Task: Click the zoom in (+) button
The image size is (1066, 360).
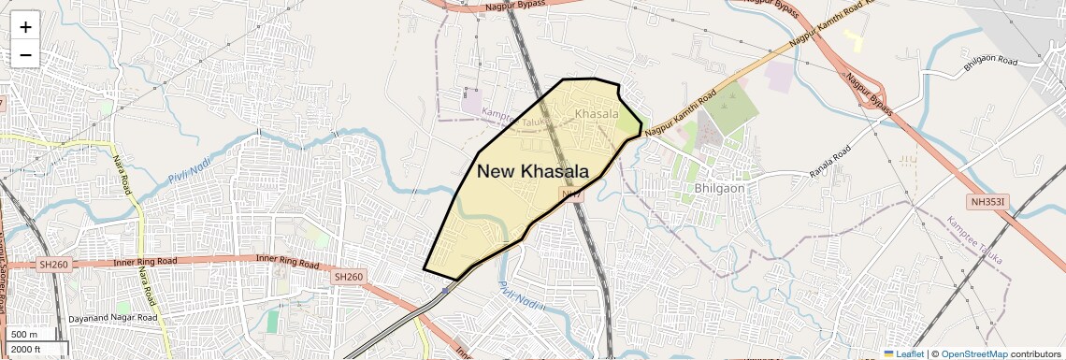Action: coord(25,26)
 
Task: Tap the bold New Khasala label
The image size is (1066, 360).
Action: coord(533,171)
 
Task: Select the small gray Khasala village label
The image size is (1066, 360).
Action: coord(597,113)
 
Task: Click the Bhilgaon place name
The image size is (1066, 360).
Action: coord(720,188)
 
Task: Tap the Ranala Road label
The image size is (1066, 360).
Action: coord(830,156)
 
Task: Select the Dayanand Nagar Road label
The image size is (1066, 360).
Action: coord(113,319)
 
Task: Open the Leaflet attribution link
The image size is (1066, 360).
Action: coord(904,353)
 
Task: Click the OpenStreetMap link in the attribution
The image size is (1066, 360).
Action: coord(973,353)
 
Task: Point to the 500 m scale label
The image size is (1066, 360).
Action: coord(25,335)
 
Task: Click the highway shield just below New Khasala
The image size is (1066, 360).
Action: coord(570,194)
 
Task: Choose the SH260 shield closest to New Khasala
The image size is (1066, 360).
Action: coord(348,277)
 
